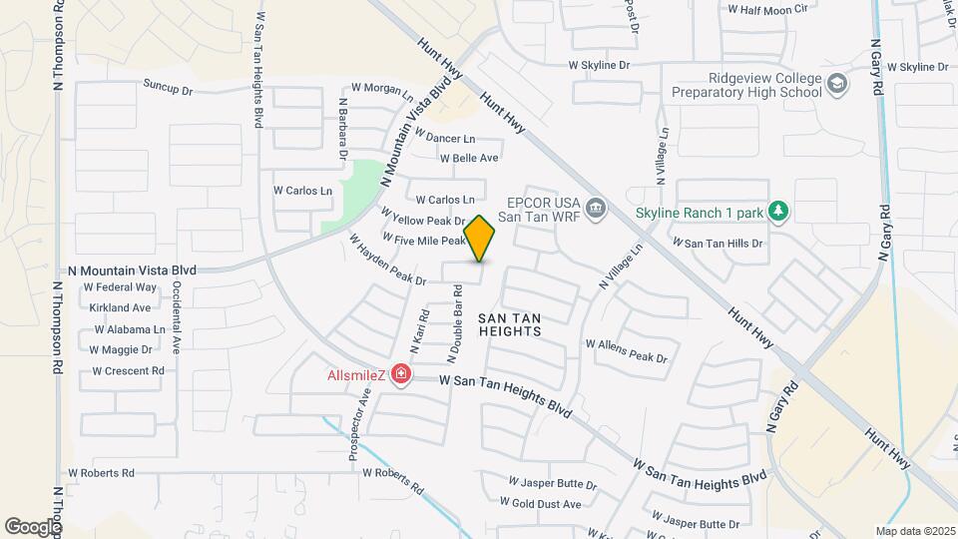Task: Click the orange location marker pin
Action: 480,239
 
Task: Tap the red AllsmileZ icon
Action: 400,374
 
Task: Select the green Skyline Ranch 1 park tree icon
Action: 780,211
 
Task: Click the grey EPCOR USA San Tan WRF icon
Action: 596,208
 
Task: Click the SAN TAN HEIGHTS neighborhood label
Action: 509,324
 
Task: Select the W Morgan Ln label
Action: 381,89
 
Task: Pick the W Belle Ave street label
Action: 469,158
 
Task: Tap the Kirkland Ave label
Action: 120,307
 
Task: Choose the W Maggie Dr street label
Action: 120,349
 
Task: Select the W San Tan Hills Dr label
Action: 718,242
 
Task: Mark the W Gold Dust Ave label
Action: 545,504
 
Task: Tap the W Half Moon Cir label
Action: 766,9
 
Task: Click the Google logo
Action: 33,526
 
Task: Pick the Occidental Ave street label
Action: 176,317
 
